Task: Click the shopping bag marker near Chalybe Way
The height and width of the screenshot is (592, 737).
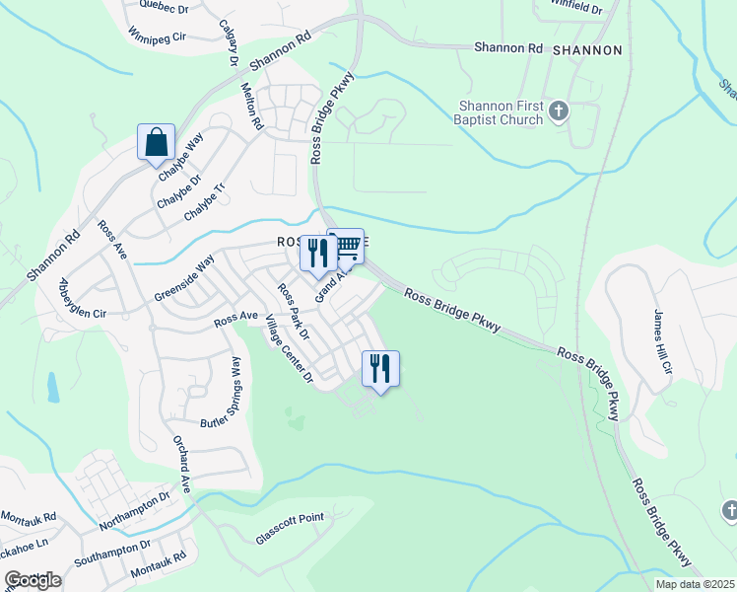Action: (x=156, y=142)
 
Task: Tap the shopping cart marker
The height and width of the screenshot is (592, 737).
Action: (x=346, y=247)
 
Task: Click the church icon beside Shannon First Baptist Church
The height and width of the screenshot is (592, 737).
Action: (x=559, y=111)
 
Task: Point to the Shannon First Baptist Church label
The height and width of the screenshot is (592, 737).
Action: (x=501, y=112)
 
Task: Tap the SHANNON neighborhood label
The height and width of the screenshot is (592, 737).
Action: (x=587, y=49)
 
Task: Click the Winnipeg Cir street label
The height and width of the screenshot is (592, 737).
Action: (x=158, y=36)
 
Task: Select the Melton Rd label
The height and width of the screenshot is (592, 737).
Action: (x=253, y=107)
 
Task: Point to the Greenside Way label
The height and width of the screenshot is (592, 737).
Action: (x=184, y=279)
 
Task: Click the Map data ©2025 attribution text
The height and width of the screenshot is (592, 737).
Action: (x=694, y=584)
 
